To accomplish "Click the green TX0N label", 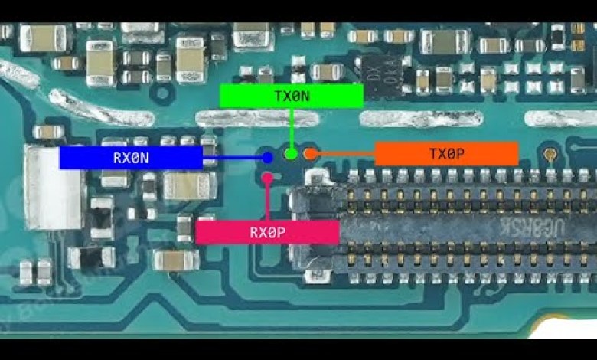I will coord(291,96).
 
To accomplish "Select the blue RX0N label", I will coord(130,158).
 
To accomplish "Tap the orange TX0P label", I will coord(446,154).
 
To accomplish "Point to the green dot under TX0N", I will coord(291,153).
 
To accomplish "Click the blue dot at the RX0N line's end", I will coord(267,158).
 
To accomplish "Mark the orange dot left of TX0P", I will coord(309,154).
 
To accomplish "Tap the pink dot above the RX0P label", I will coord(267,178).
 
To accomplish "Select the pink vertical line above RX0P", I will coord(267,201).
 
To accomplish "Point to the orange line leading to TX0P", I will coord(344,154).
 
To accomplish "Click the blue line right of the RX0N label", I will coord(233,158).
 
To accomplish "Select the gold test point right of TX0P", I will coord(550,155).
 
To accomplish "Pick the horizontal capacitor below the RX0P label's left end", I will coord(176,260).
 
